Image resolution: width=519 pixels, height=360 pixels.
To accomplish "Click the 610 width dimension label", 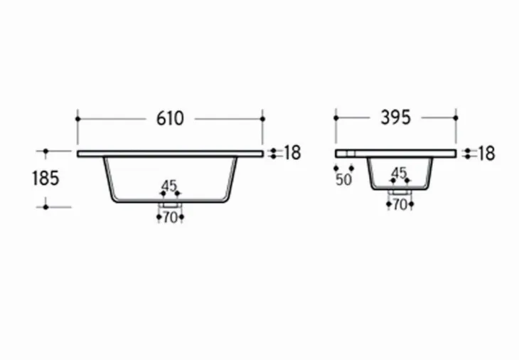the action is coord(170,119).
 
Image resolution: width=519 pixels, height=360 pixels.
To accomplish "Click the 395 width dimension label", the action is coord(395,117).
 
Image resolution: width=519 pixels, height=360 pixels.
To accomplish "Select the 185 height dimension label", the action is coord(46,178).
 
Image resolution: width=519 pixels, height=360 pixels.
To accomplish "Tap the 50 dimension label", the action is coord(343,179).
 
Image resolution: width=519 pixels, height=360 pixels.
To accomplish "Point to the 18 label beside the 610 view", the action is coord(293,153).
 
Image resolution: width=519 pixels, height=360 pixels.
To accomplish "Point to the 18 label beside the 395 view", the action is coord(487,154).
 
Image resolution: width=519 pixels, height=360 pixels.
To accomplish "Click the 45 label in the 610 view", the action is coord(169,186).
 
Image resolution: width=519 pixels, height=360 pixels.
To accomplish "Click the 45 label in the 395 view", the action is coord(399,173).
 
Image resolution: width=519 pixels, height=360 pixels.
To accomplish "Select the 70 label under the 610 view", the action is coord(170,218).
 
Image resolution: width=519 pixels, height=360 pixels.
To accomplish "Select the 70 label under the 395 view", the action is coord(400,205).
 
